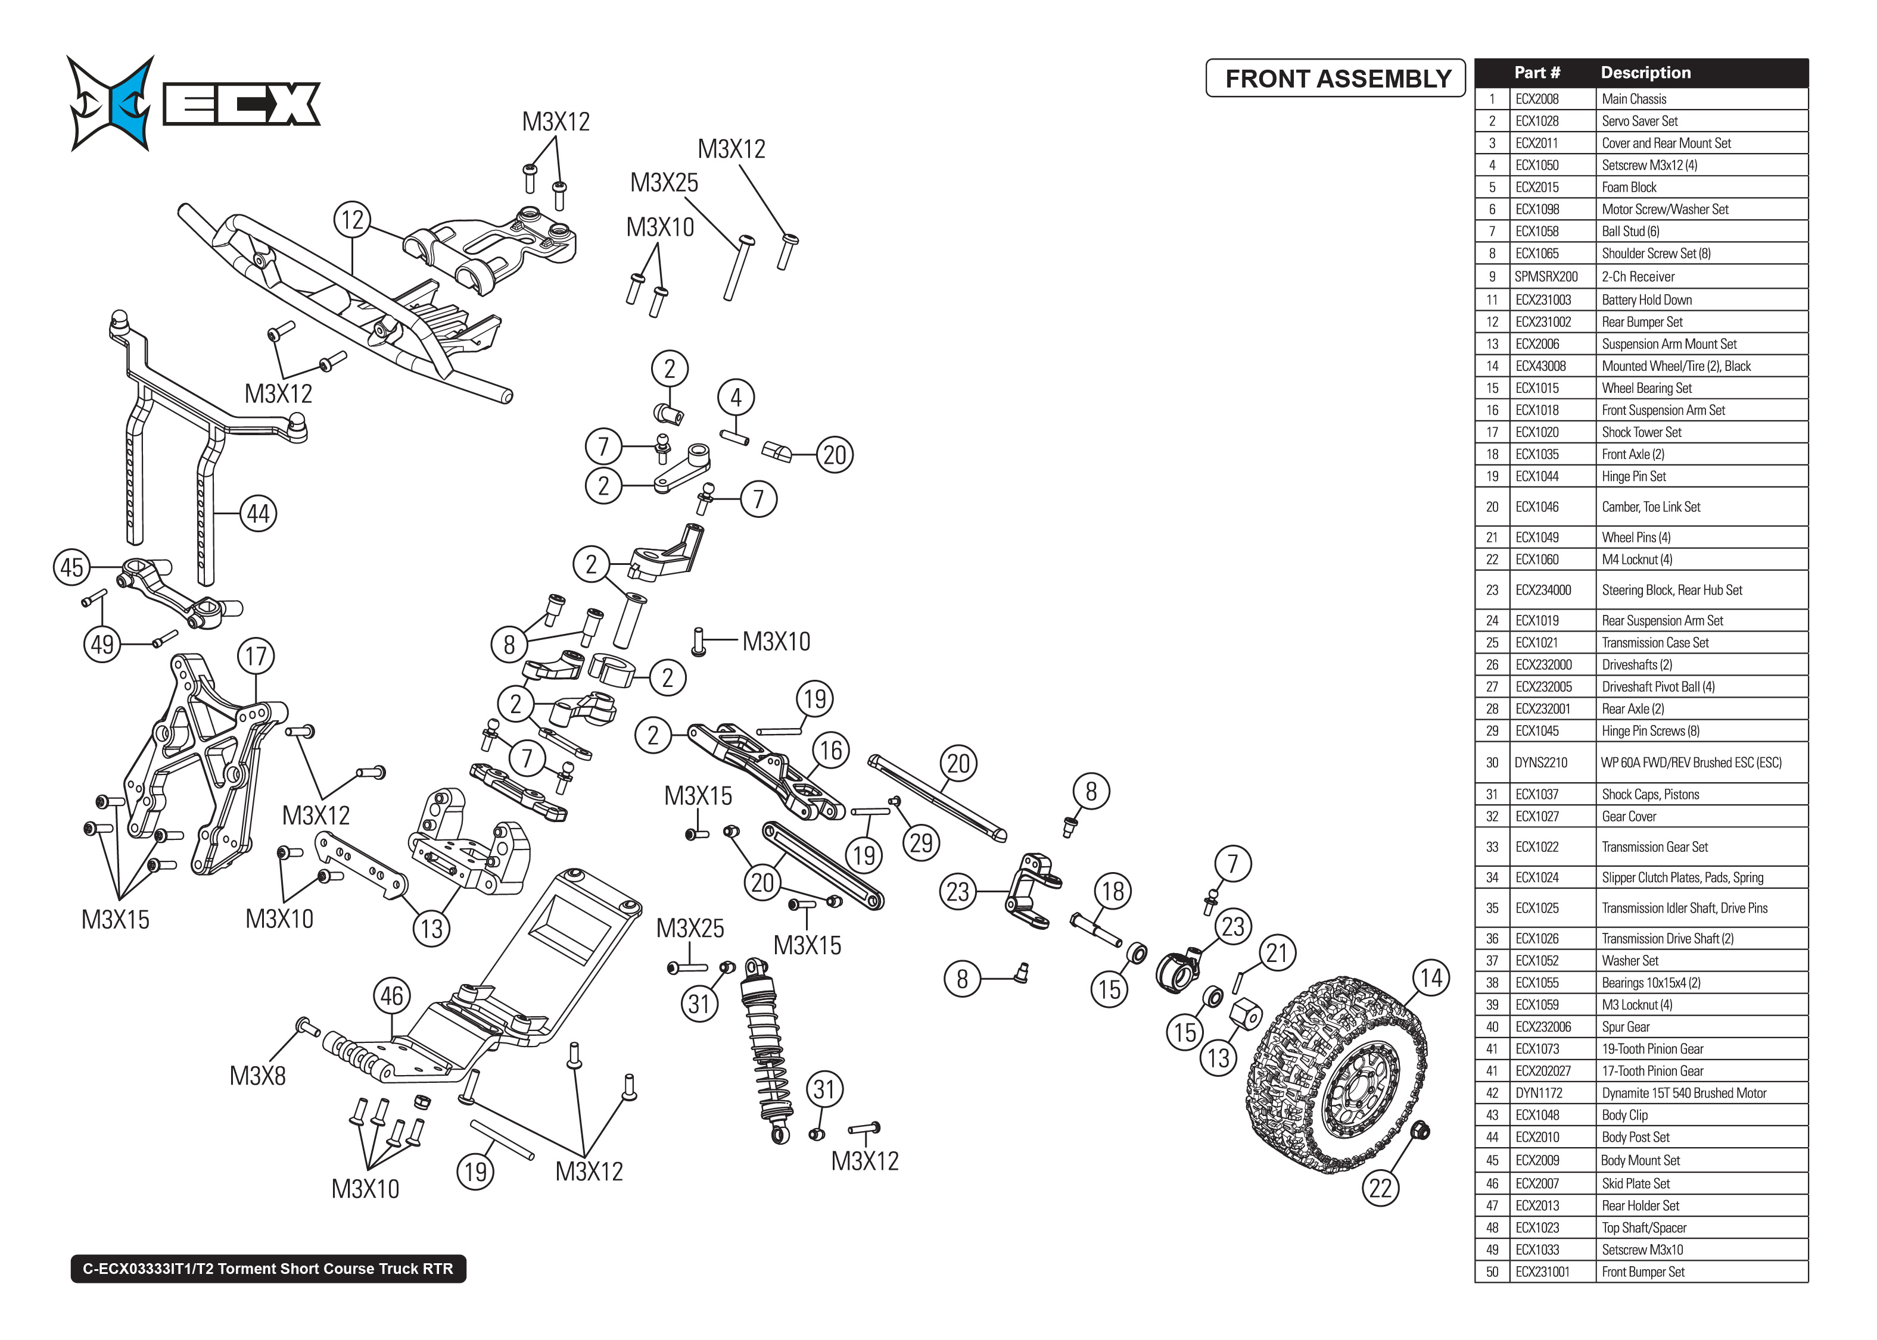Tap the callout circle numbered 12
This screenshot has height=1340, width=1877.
click(353, 220)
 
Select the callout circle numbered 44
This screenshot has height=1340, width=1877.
click(259, 514)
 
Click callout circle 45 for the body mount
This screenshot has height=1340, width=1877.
click(72, 568)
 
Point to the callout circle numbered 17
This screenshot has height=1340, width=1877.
click(256, 657)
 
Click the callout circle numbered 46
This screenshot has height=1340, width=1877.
click(392, 996)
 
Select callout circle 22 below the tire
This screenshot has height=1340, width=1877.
click(1380, 1189)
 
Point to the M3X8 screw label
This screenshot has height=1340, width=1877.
click(257, 1076)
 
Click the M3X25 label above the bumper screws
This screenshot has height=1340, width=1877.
click(664, 182)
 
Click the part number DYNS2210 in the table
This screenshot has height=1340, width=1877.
click(1540, 763)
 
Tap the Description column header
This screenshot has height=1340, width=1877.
click(1645, 73)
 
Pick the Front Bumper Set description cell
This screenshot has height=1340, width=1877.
click(1642, 1272)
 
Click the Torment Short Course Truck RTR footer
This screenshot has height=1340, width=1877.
click(268, 1268)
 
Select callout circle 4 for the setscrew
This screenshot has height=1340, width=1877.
click(736, 398)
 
